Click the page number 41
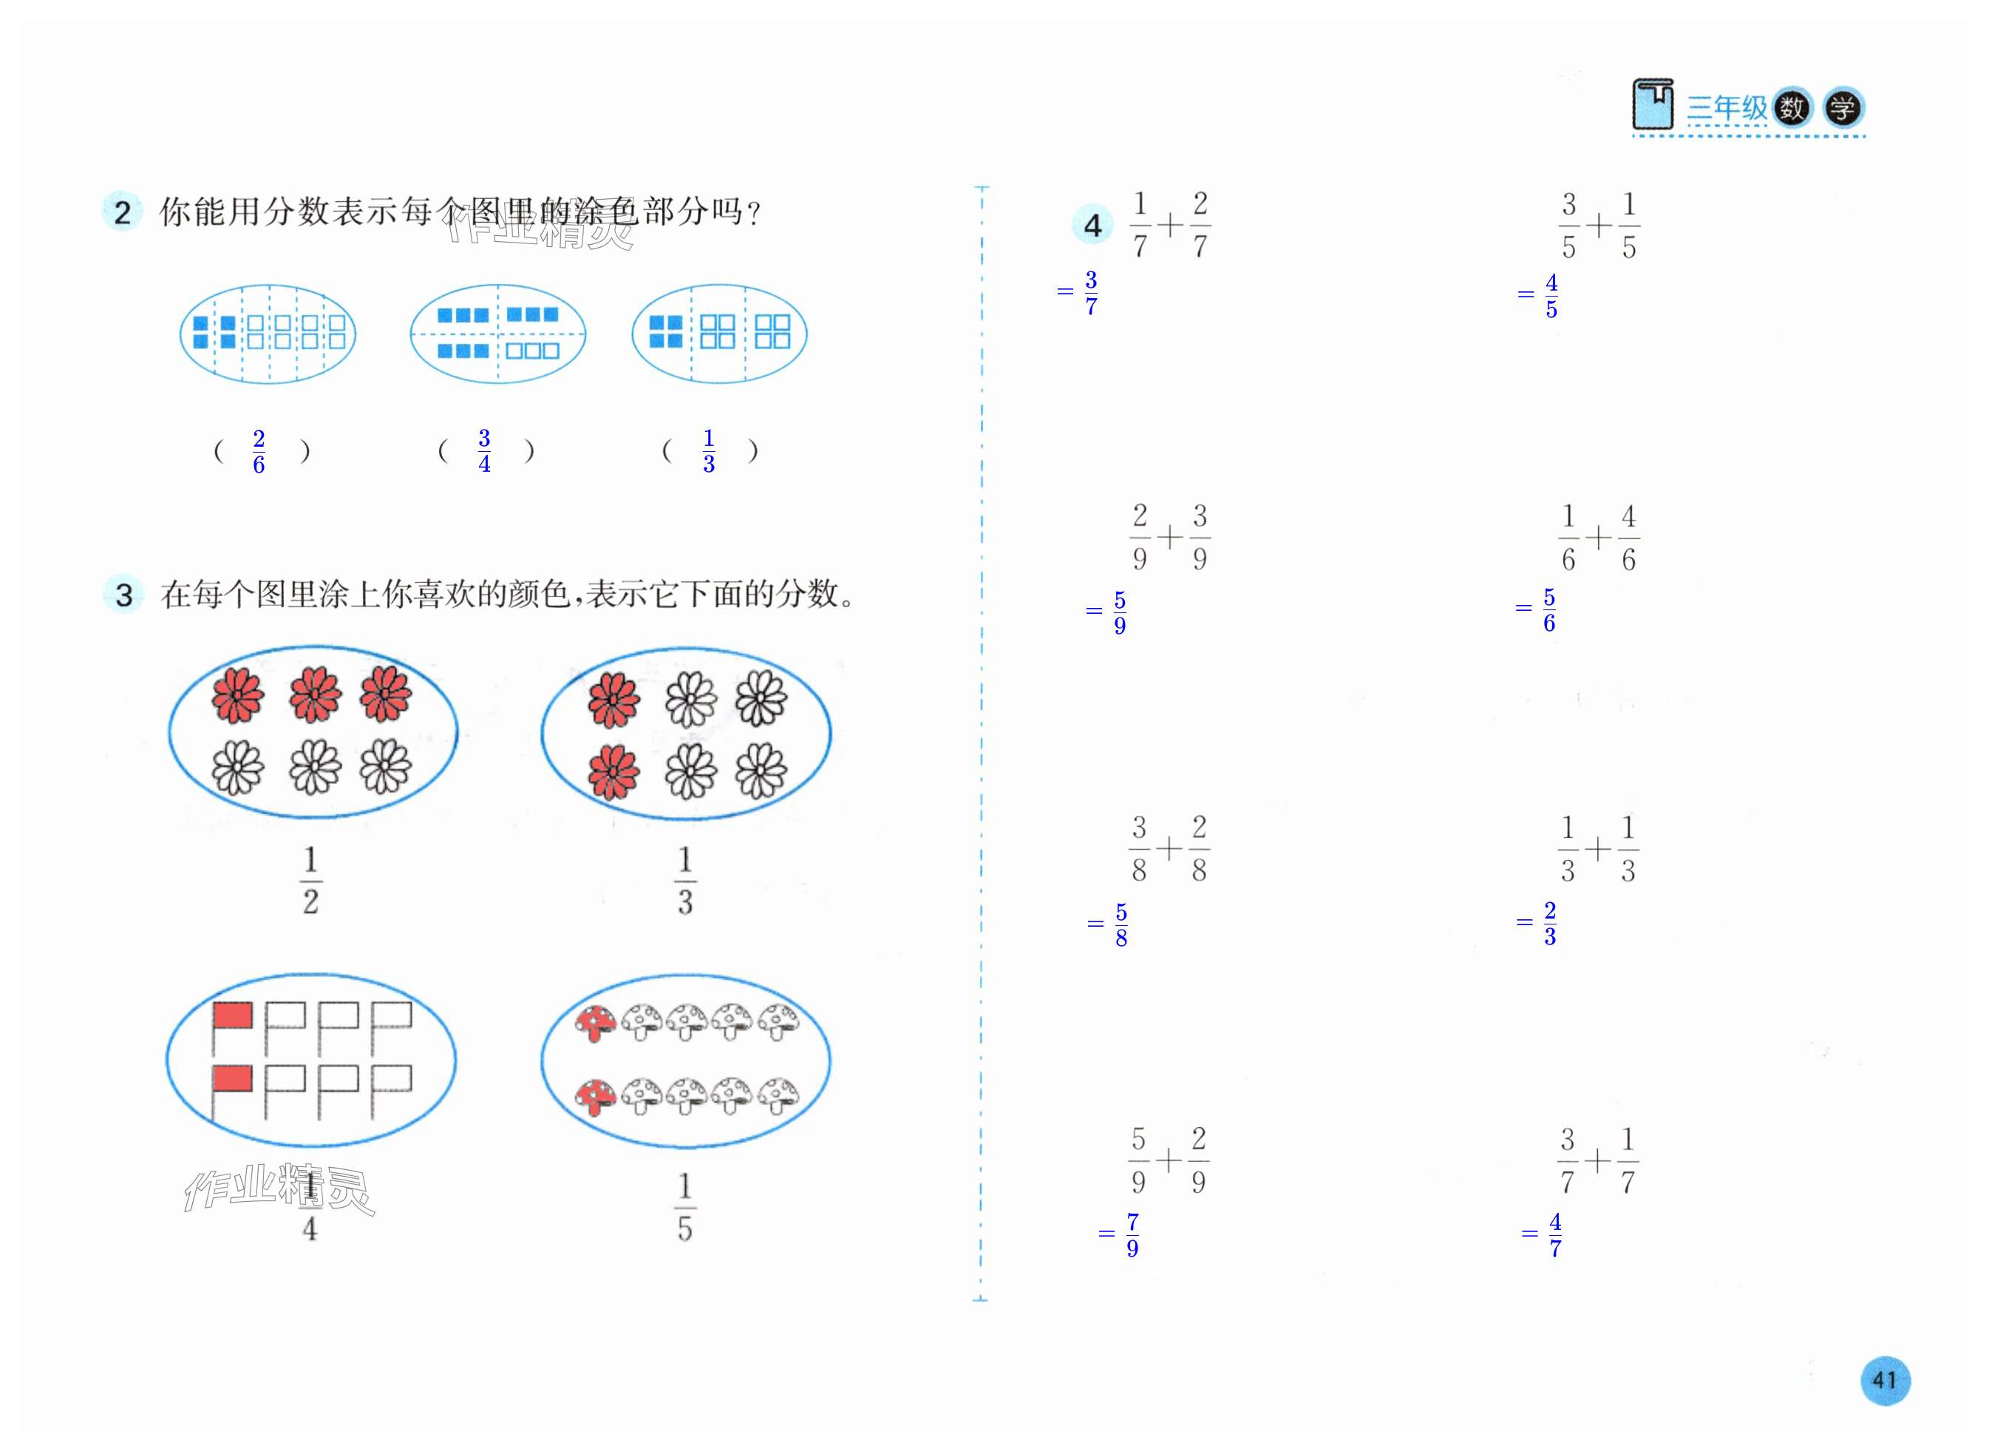coord(1884,1380)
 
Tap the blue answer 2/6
coord(259,452)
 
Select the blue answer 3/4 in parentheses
coord(484,450)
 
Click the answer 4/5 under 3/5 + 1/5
coord(1551,296)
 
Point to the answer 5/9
coord(1119,612)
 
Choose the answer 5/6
coord(1549,610)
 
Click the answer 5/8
coord(1121,925)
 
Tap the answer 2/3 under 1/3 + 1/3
coord(1549,923)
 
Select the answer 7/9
coord(1132,1235)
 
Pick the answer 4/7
coord(1554,1235)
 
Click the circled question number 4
coord(1092,226)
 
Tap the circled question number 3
coord(124,595)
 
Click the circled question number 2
coord(122,212)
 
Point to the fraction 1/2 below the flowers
coord(310,880)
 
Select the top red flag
coord(232,1017)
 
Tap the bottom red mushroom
coord(596,1094)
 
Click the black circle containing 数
coord(1792,108)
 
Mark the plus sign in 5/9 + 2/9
coord(1169,1161)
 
